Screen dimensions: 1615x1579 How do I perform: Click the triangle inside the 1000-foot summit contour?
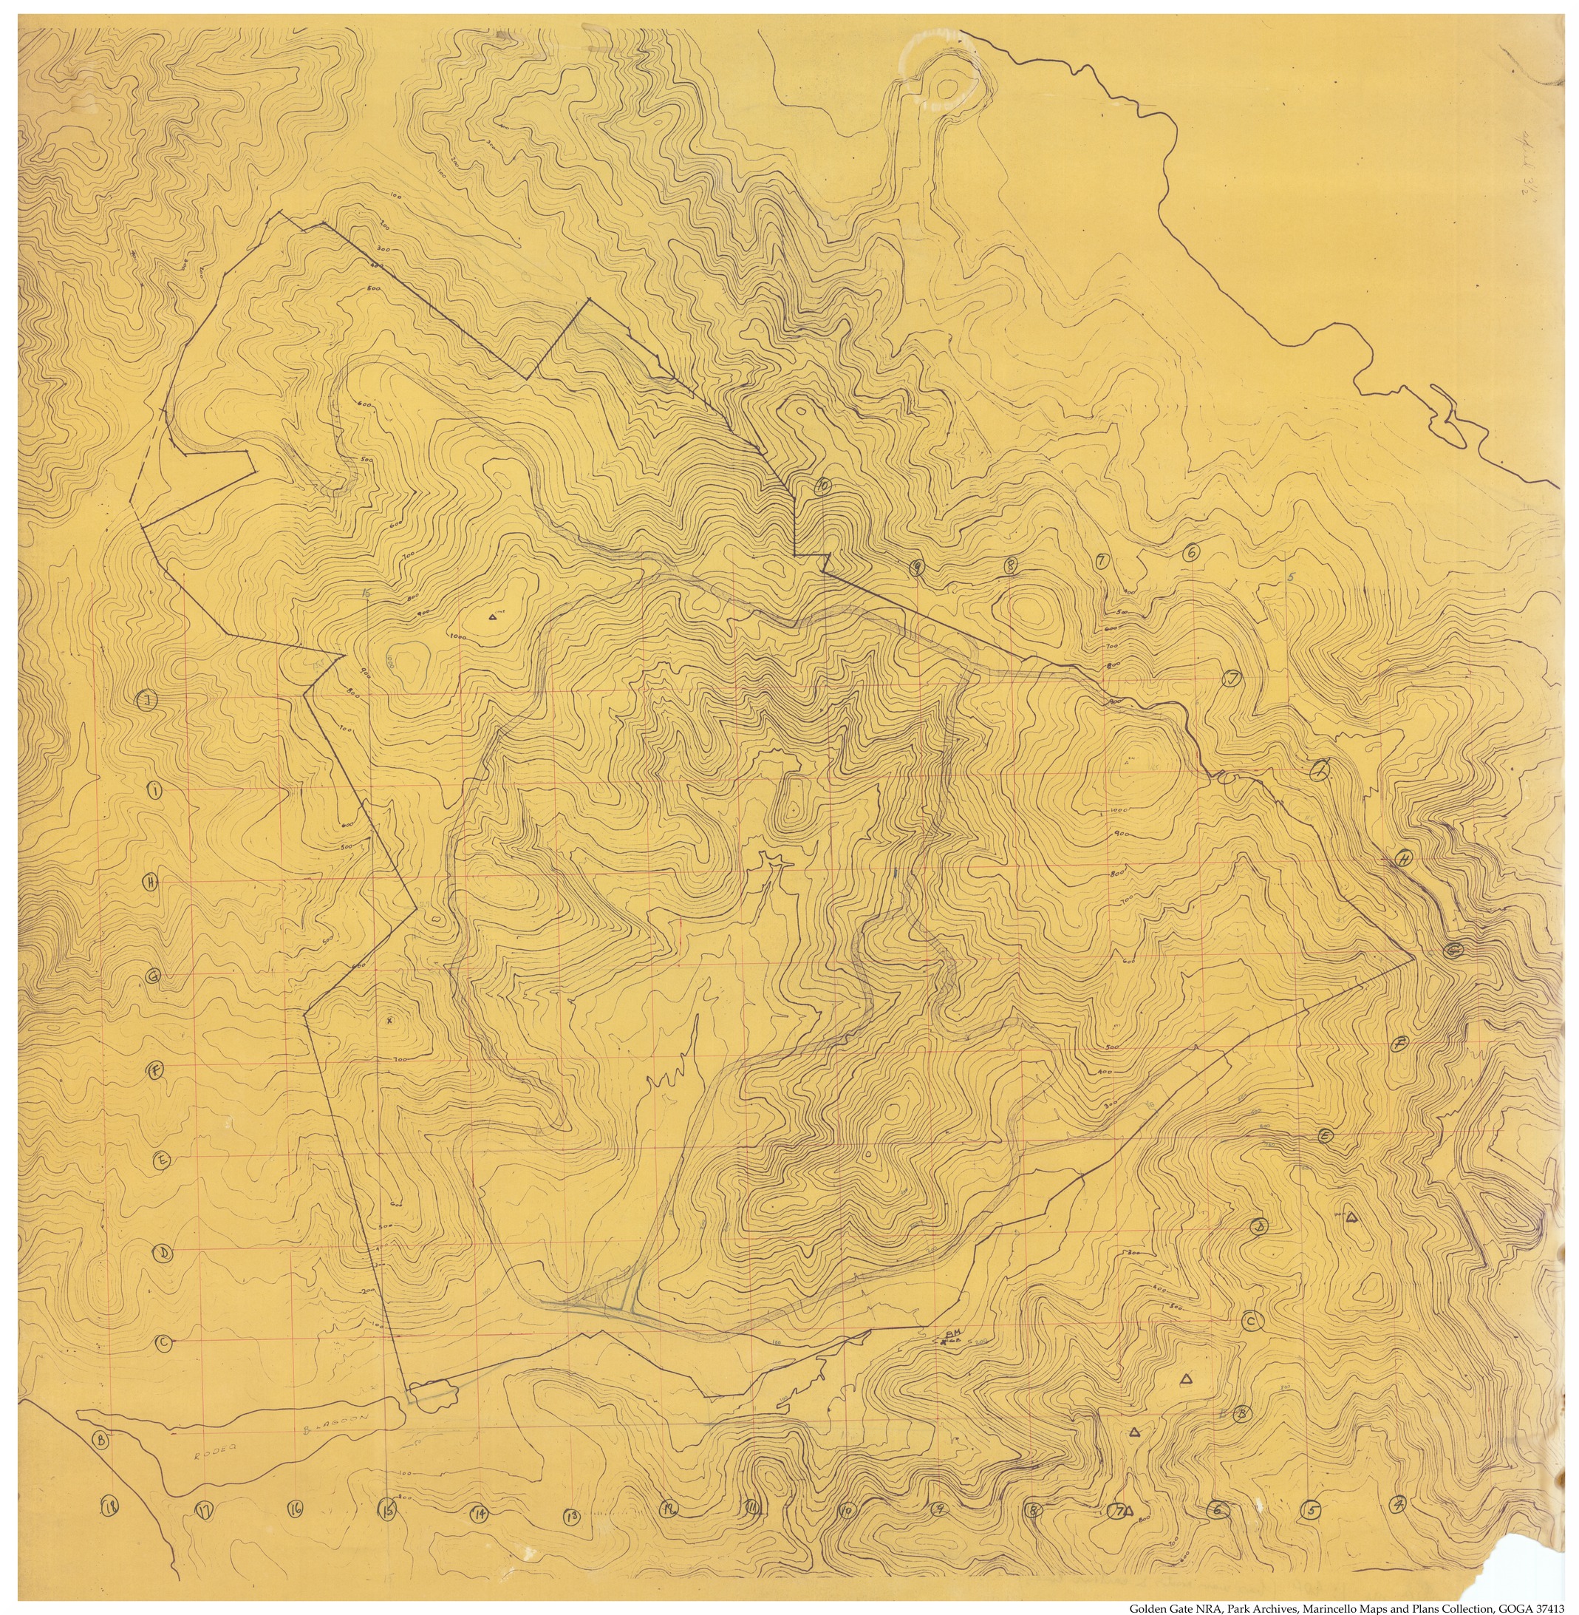point(493,617)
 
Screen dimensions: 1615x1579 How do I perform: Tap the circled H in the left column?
point(150,881)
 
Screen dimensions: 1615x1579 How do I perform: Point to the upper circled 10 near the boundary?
point(822,487)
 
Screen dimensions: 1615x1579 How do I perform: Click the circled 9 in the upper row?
point(916,568)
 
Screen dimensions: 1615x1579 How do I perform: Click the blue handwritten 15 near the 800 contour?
point(365,594)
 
